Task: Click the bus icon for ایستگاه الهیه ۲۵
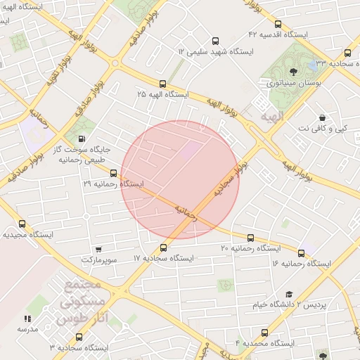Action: tap(163, 83)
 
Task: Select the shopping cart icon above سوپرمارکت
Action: tap(98, 250)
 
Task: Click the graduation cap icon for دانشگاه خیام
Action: tap(289, 295)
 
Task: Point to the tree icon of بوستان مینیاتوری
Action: tap(293, 71)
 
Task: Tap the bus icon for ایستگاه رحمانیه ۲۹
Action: tap(113, 173)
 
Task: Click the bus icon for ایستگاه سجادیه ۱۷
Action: tap(163, 247)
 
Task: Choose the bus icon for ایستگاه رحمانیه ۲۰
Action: tap(251, 238)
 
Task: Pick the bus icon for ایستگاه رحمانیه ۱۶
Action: tap(301, 253)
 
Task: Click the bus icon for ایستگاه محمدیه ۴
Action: tap(264, 333)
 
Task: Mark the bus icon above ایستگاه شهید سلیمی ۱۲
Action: tap(215, 41)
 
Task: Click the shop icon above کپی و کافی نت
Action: tap(322, 117)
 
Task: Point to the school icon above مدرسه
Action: tap(27, 319)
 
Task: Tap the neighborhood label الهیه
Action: tap(270, 117)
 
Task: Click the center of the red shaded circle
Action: tap(180, 179)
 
